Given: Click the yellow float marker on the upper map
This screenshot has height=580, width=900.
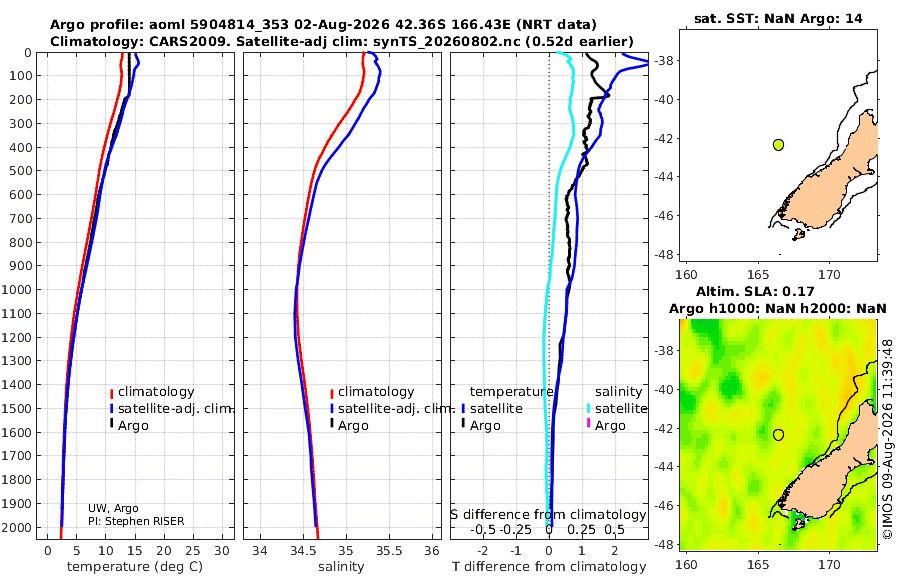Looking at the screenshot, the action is point(778,145).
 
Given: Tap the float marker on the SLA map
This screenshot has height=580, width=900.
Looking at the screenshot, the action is point(778,435).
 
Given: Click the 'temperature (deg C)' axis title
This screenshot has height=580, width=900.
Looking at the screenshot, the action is point(135,567).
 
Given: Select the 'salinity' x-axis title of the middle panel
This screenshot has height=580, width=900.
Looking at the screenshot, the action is point(341,567).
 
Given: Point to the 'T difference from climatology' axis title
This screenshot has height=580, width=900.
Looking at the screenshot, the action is point(549,567).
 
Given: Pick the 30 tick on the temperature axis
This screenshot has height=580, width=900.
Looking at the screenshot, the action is point(222,551).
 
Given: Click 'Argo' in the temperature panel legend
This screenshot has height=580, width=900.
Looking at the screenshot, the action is point(133,426).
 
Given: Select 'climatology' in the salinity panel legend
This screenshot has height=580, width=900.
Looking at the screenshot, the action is point(376,392).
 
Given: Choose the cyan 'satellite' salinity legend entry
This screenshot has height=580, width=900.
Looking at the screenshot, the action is point(620,408).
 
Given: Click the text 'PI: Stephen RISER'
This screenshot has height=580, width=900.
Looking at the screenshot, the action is point(136,521).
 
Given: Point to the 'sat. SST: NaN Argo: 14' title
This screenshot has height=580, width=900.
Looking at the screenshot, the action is point(778,18).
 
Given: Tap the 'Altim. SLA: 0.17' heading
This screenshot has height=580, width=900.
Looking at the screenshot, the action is point(755,292).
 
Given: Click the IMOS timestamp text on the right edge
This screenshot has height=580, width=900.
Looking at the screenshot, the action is point(888,439).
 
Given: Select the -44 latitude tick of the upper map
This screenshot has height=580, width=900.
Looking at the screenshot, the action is point(666,177).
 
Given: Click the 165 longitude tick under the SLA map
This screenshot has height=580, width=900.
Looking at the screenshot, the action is point(758,564).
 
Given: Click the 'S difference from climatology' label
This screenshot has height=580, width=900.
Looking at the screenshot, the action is point(549,515).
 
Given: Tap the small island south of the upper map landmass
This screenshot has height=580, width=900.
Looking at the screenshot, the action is point(798,234).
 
